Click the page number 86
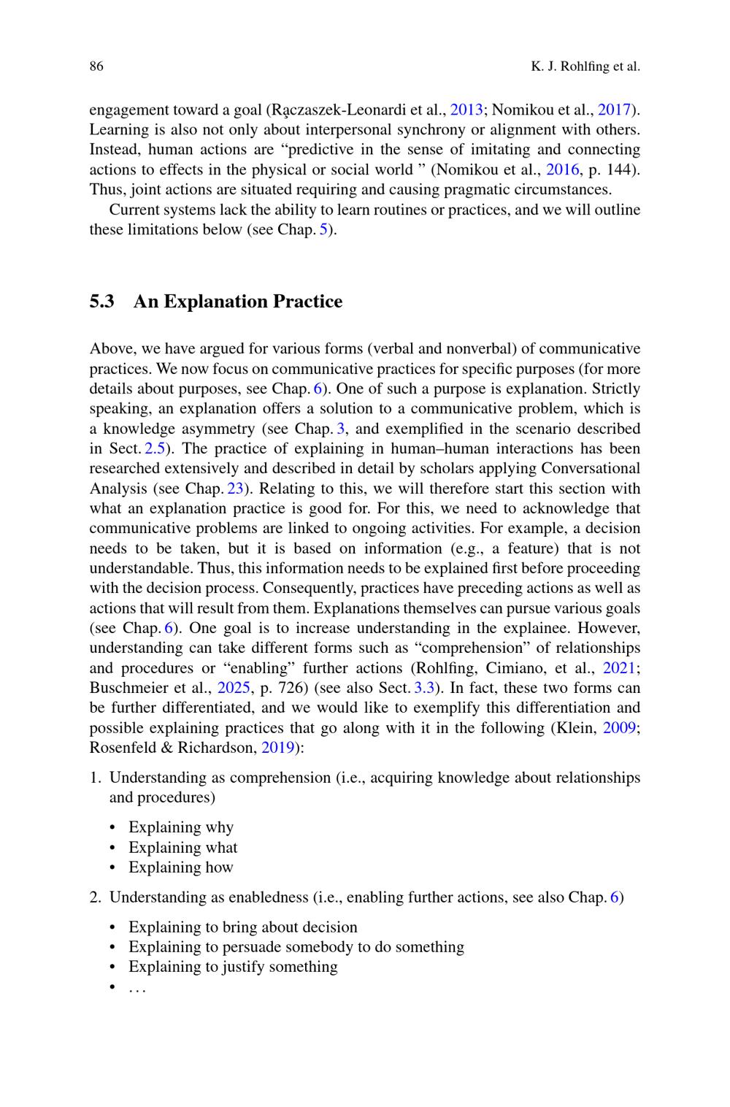click(x=96, y=67)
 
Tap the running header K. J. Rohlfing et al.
click(x=585, y=67)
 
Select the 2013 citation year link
click(x=466, y=110)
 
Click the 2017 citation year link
click(x=614, y=110)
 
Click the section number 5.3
click(x=102, y=302)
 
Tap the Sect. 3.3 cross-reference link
click(x=424, y=688)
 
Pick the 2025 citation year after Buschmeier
click(x=234, y=688)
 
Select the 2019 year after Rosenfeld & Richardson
click(x=278, y=748)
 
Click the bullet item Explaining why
click(x=181, y=827)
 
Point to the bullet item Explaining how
click(x=181, y=867)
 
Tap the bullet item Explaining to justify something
click(x=233, y=967)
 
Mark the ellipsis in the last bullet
click(x=137, y=988)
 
